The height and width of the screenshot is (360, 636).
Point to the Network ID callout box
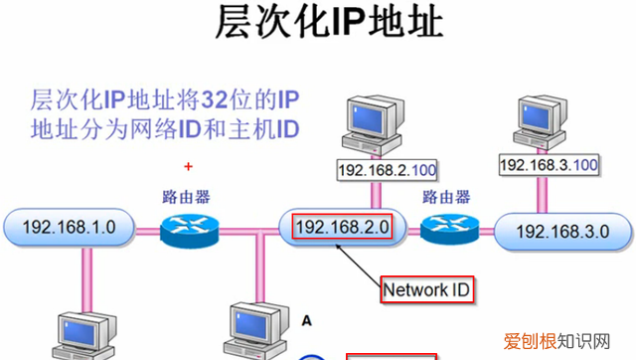pyautogui.click(x=427, y=289)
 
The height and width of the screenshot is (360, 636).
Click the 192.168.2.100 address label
pyautogui.click(x=388, y=170)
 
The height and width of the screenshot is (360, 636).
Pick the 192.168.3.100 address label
pyautogui.click(x=548, y=163)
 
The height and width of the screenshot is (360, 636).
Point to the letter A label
pyautogui.click(x=306, y=320)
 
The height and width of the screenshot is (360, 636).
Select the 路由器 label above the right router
pyautogui.click(x=444, y=195)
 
